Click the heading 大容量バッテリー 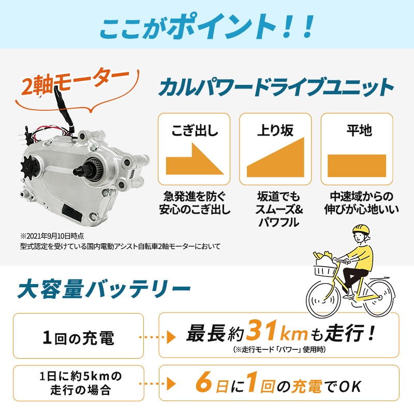click(103, 288)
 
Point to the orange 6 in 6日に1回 click(203, 386)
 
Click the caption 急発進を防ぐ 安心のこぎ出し click(194, 203)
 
